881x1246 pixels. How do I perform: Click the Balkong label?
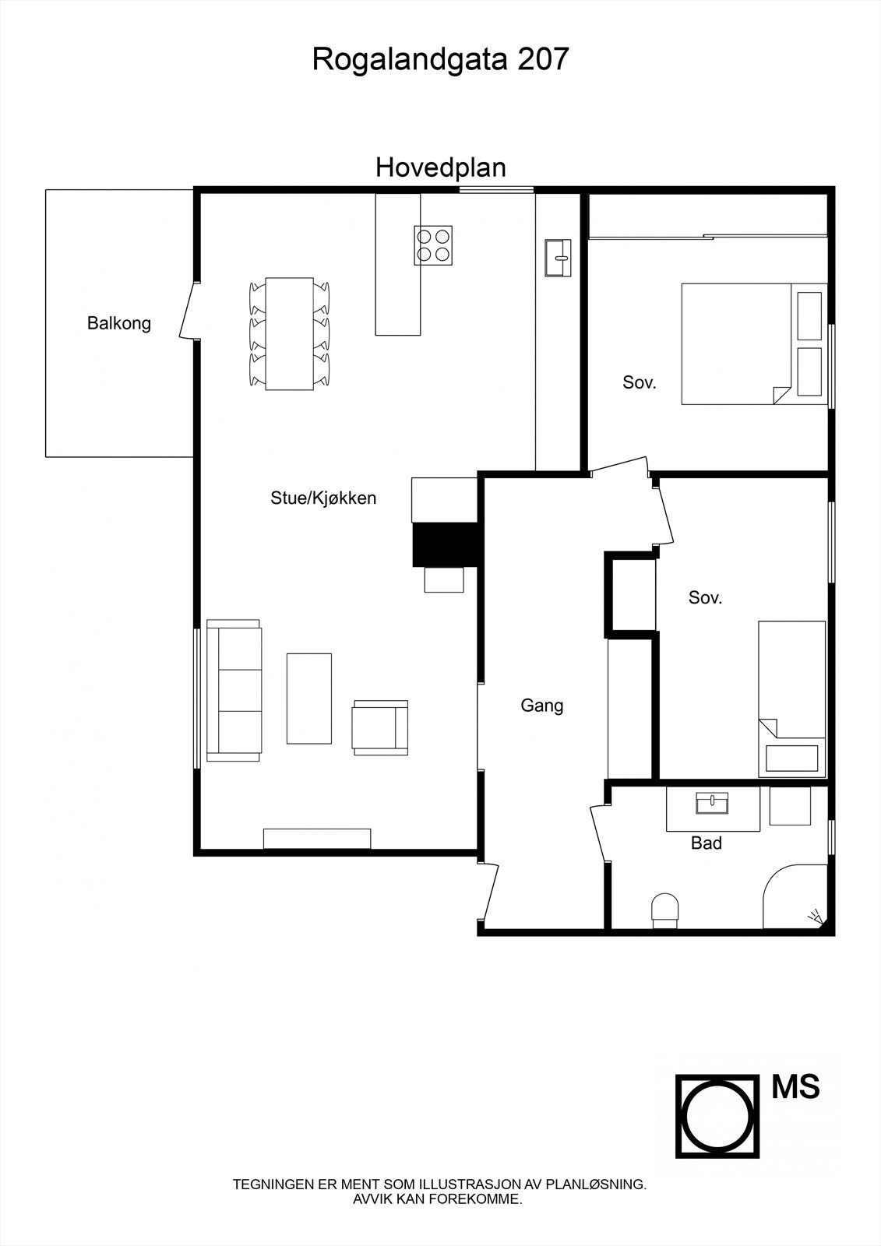coord(119,323)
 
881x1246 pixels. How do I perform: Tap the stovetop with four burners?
coord(433,245)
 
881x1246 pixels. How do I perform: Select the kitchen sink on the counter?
coord(558,258)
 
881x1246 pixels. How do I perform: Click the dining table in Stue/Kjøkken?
coord(289,333)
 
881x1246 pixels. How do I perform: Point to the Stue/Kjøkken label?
coord(323,498)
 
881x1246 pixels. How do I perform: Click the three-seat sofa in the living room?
coord(234,689)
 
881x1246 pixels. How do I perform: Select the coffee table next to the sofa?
coord(308,698)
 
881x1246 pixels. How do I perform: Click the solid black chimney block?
coord(443,544)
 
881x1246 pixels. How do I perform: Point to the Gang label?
coord(541,706)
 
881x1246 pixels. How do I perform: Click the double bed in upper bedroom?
coord(752,343)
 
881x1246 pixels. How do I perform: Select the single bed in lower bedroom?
coord(791,699)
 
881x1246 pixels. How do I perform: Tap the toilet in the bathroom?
coord(664,910)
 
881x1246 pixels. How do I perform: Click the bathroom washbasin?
coord(712,803)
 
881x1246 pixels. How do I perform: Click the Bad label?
coord(707,843)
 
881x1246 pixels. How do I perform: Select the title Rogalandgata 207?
coord(440,59)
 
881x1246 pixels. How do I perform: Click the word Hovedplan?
coord(440,167)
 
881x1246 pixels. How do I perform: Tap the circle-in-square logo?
coord(717,1117)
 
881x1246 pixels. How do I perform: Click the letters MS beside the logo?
coord(795,1087)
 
